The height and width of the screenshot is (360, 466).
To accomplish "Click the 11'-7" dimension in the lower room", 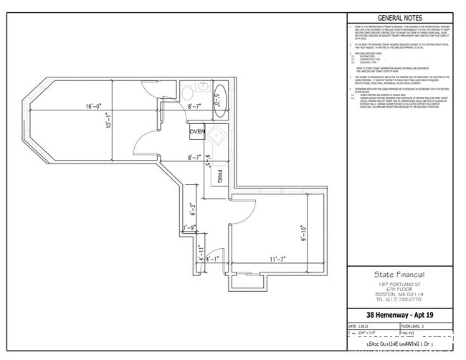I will [x=272, y=258].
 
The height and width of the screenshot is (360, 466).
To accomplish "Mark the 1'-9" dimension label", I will [x=189, y=228].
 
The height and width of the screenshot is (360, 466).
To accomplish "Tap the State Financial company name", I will [x=399, y=274].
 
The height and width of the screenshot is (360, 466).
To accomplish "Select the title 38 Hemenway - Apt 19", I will [x=399, y=315].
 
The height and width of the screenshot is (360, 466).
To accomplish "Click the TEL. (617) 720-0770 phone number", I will [x=399, y=300].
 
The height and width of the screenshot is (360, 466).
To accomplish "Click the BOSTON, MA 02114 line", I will [x=399, y=294].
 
